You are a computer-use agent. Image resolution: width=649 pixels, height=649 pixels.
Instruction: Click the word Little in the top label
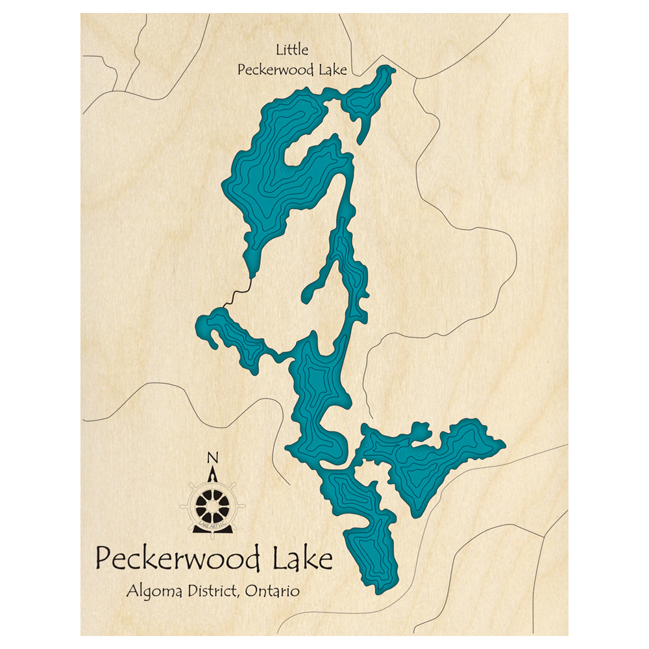292,49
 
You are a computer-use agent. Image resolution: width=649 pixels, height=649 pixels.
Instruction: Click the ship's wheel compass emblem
212,503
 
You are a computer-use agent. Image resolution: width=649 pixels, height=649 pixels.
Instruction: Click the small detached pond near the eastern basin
420,431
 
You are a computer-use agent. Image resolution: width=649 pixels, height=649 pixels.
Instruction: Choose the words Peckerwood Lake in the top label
292,70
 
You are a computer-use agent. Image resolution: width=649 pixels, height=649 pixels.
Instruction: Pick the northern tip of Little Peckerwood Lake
389,67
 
